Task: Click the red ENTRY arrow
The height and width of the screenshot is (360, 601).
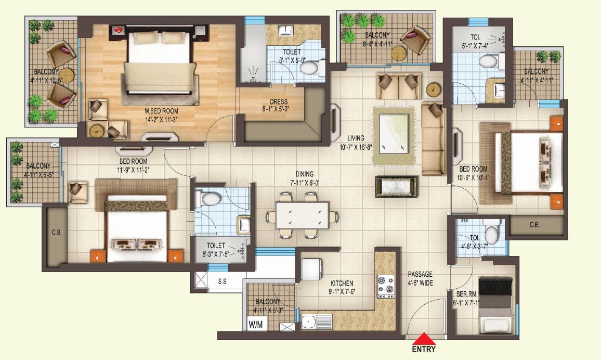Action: pos(424,338)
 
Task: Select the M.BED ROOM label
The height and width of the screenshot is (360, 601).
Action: pos(161,111)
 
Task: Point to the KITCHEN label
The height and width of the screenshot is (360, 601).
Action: pos(342,284)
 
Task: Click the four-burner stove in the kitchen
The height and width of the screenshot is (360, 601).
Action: pos(386,285)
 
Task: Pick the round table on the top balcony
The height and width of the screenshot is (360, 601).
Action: pos(398,53)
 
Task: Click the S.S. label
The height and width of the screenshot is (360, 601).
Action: pos(223,282)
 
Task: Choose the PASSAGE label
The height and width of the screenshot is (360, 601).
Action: pos(420,274)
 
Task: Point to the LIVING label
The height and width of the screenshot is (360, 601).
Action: pos(356,138)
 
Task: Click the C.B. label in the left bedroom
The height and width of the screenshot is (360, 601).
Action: pos(57,233)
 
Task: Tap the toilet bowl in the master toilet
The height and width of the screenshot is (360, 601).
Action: pos(310,68)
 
